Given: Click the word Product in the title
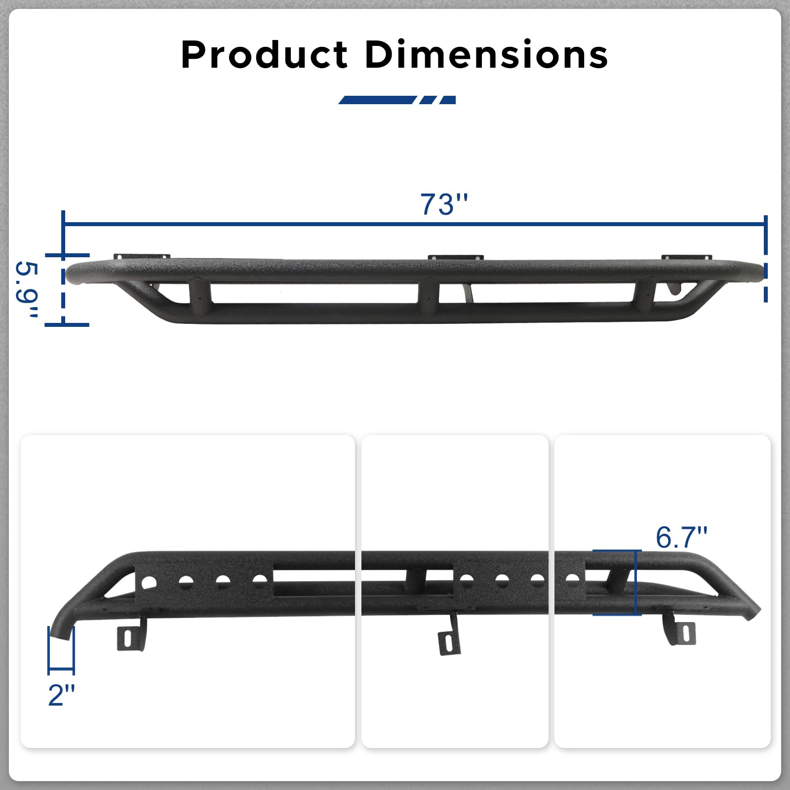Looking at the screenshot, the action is tap(265, 54).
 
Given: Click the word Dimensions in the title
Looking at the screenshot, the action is tap(486, 54).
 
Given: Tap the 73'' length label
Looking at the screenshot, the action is tap(444, 204).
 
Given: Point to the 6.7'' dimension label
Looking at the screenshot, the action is tap(681, 537).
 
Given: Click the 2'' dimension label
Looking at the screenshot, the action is tap(62, 695).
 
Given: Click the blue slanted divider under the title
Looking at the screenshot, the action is tap(397, 100).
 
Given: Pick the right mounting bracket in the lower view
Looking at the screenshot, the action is tap(680, 631).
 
